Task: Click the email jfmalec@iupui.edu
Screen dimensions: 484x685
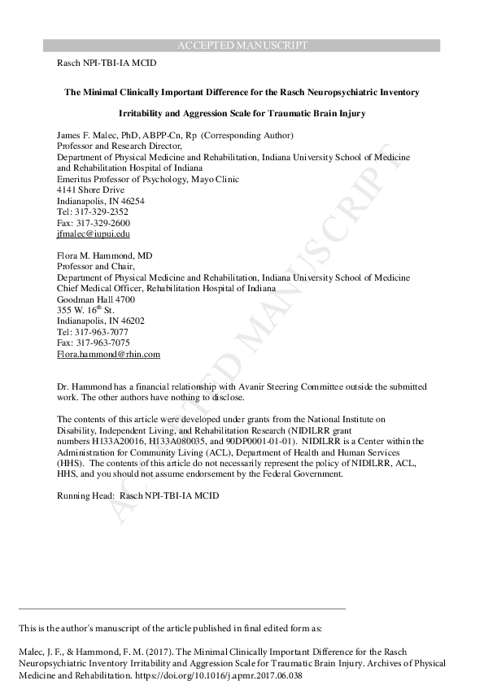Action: click(x=94, y=234)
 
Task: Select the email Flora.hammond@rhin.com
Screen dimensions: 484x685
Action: click(x=108, y=355)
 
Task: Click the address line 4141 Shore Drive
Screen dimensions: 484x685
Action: click(x=90, y=190)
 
